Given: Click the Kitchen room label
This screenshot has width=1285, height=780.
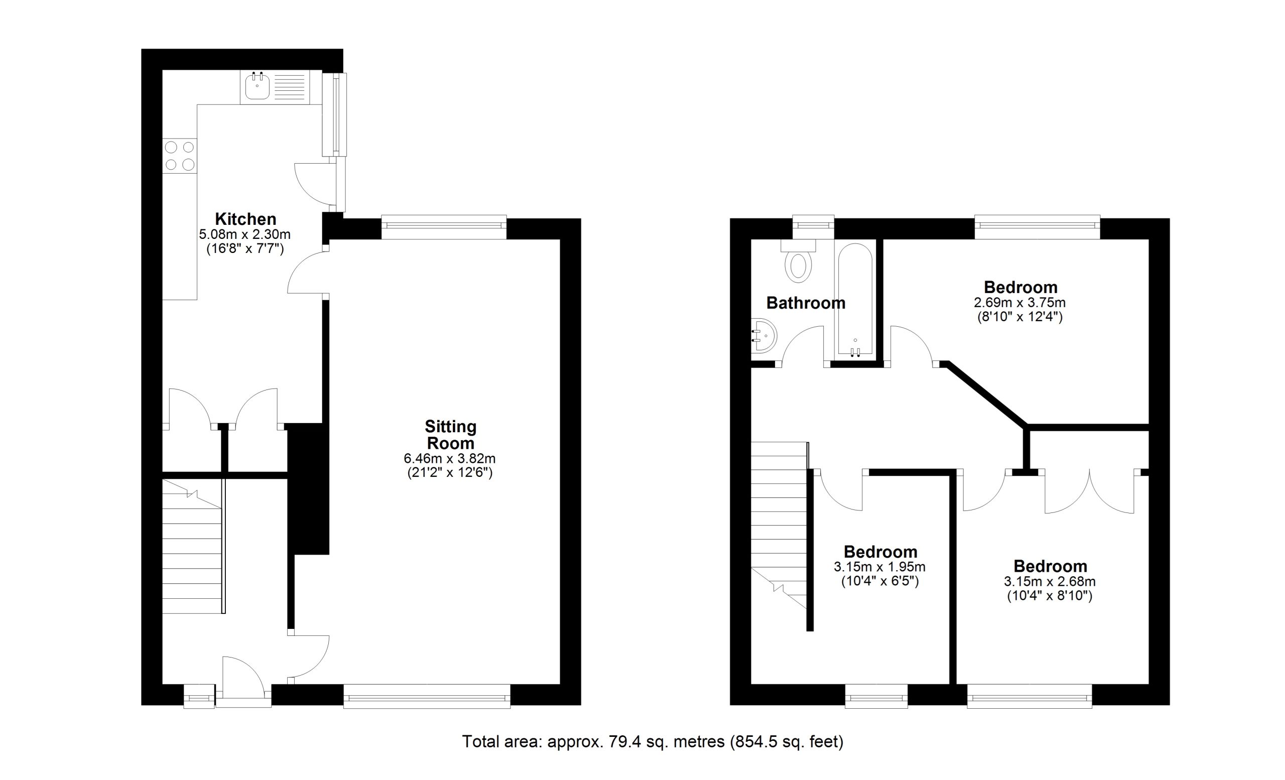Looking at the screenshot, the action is pyautogui.click(x=245, y=219).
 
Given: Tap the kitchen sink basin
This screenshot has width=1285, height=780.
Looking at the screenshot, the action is pyautogui.click(x=257, y=86).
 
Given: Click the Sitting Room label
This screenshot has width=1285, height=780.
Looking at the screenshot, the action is pyautogui.click(x=451, y=435).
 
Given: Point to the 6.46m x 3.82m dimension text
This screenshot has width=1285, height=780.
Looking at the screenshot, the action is pyautogui.click(x=450, y=459).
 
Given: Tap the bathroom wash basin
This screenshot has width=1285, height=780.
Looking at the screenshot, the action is pyautogui.click(x=764, y=336).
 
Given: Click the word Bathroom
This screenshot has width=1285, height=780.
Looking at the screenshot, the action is pyautogui.click(x=806, y=303).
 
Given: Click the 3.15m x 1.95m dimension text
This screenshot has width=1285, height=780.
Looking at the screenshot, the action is pyautogui.click(x=880, y=567).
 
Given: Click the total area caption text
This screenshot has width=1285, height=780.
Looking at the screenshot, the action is pyautogui.click(x=653, y=741).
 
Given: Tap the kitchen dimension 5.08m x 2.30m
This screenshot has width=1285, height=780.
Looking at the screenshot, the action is pyautogui.click(x=244, y=234).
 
